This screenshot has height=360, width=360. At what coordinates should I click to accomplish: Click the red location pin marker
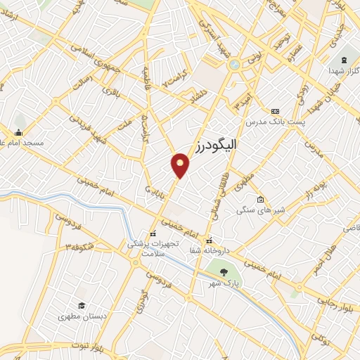[x=181, y=165]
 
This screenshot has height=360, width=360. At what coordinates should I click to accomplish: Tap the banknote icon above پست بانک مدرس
[x=275, y=111]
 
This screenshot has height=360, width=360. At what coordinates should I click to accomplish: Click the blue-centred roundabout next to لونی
[x=233, y=65]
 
